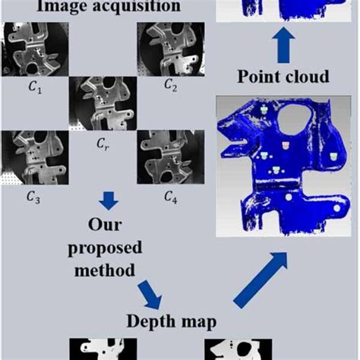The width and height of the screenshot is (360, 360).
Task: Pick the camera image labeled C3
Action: tap(35, 159)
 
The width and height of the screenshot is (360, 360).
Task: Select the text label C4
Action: tap(171, 198)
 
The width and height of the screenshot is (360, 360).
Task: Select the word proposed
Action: tap(109, 248)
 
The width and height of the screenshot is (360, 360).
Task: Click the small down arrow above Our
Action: tap(109, 201)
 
